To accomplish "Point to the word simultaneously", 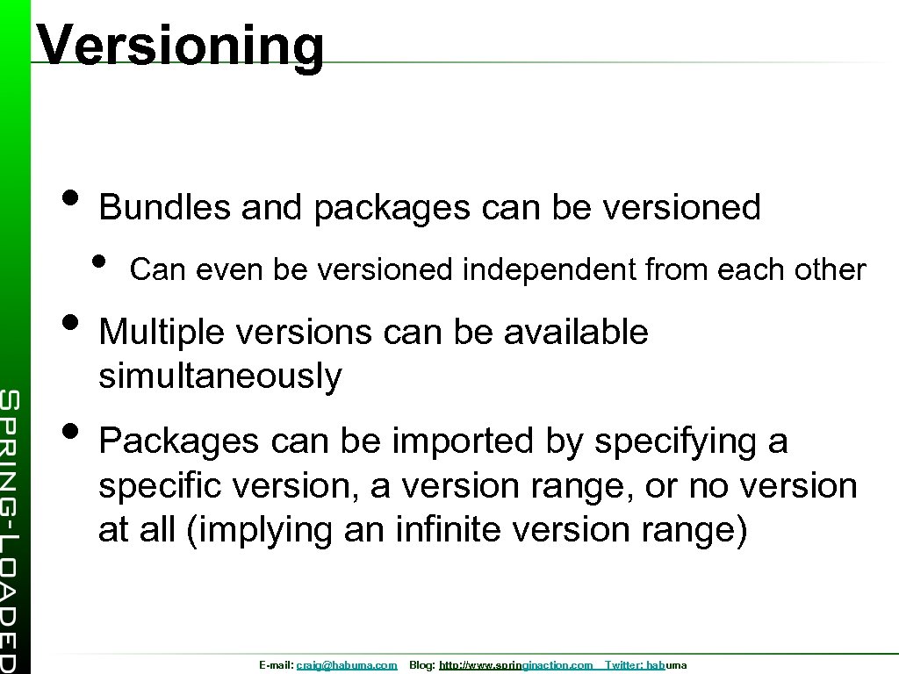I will pyautogui.click(x=220, y=376).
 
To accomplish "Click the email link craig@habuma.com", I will pyautogui.click(x=347, y=666).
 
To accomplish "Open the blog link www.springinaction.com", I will pyautogui.click(x=516, y=666).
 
